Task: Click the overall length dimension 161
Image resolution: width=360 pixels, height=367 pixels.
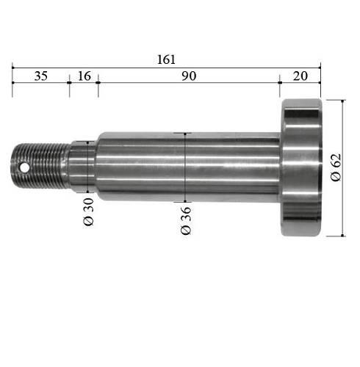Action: point(166,59)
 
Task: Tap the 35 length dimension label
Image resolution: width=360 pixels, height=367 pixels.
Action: point(41,76)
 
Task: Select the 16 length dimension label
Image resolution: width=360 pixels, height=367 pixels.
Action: point(84,76)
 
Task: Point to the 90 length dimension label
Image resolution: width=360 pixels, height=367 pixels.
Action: point(189,76)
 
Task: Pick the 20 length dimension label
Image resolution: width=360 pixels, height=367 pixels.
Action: point(300,76)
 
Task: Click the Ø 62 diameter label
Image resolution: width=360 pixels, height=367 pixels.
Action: point(336,167)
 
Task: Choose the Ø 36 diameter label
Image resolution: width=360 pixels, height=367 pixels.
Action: point(186,221)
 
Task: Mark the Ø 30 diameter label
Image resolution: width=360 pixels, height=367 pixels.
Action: point(89,212)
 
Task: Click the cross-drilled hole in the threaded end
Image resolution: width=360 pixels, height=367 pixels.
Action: point(24,168)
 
